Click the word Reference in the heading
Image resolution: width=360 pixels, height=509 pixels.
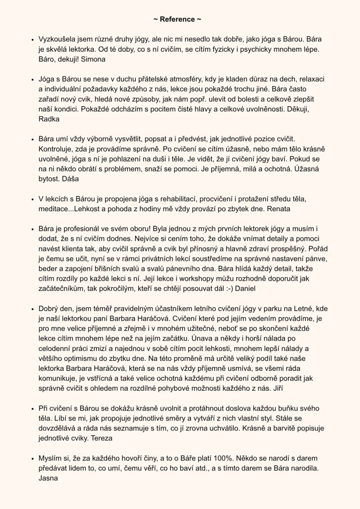click(x=180, y=19)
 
